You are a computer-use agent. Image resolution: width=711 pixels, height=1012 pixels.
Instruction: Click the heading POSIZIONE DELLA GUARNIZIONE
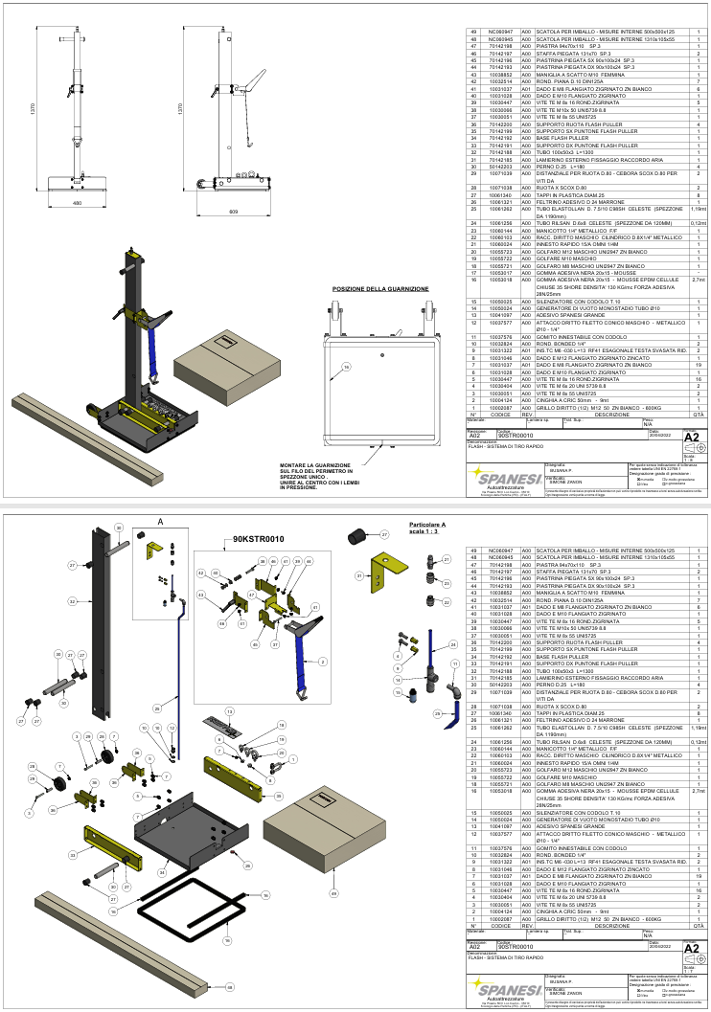pos(380,288)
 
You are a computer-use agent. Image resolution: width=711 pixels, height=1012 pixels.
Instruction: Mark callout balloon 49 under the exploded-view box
pos(334,894)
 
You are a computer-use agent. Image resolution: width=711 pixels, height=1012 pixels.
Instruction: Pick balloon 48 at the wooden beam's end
pos(229,985)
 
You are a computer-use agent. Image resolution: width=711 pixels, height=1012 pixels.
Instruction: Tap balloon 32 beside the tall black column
pos(72,601)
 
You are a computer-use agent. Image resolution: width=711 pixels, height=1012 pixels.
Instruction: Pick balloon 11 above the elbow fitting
pos(455,663)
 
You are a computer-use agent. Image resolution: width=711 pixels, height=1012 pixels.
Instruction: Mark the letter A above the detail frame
pos(160,521)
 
